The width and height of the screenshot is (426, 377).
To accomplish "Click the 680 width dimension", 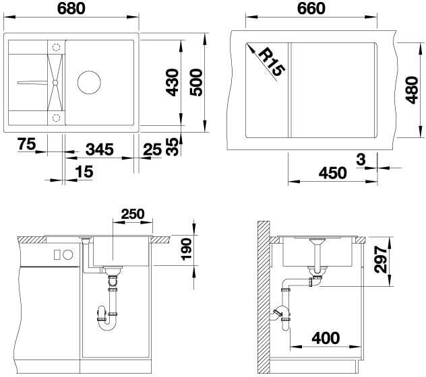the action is tap(71, 8).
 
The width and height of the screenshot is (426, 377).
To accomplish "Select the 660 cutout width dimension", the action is tap(311, 8).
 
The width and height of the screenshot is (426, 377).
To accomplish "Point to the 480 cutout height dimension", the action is tap(412, 90).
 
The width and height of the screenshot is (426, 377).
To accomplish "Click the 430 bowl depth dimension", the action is tap(173, 83).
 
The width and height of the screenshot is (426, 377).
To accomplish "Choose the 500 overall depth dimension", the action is tap(196, 83).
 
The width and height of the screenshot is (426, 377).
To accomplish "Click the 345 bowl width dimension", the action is tap(100, 149).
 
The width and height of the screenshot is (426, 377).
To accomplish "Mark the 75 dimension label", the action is tap(27, 143).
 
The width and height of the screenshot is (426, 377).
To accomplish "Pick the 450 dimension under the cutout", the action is tap(332, 173).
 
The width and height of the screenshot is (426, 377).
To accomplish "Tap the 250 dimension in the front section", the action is tap(133, 214).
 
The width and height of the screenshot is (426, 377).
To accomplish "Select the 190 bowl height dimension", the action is tap(187, 249).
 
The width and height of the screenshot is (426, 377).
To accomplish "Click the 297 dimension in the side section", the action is tap(380, 259).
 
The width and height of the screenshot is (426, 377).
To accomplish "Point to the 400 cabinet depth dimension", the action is tap(326, 338).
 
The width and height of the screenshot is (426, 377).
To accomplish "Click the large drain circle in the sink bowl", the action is tap(89, 83).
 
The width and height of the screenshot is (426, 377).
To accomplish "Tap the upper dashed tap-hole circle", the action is tap(56, 47).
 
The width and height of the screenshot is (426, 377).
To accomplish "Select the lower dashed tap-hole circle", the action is tap(56, 118).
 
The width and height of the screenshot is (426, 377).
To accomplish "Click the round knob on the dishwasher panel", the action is tap(68, 254).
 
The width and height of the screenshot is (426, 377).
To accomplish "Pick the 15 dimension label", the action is tap(84, 172).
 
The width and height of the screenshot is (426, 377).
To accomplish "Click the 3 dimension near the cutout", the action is tap(361, 160).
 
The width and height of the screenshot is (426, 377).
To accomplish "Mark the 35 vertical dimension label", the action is tap(173, 147).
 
